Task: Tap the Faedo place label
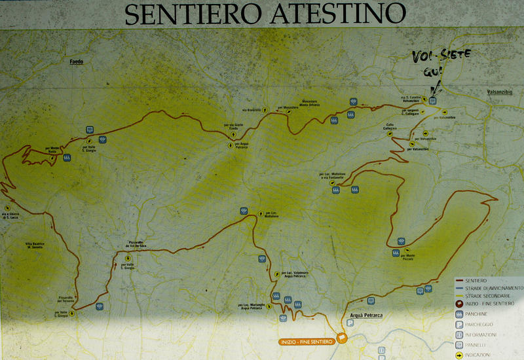[77, 62]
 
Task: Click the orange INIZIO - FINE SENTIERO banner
[305, 341]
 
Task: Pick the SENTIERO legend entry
[476, 280]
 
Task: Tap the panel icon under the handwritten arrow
[432, 101]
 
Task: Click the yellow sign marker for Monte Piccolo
[401, 255]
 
